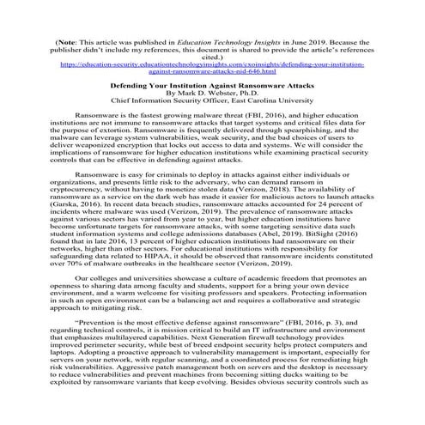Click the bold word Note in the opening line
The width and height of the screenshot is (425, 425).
coord(71,40)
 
